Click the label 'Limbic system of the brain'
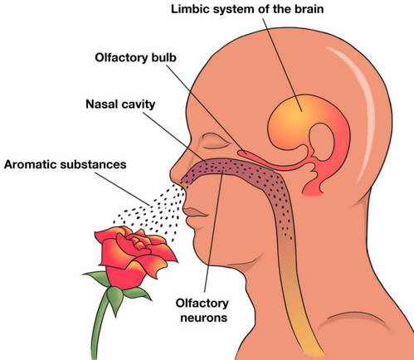247,9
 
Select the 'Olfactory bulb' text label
135,58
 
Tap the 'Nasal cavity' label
120,105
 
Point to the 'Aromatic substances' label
66,164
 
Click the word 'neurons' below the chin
204,318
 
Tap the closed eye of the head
215,143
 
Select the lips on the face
195,212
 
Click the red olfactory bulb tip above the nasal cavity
242,152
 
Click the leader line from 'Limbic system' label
282,65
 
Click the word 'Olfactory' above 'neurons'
202,303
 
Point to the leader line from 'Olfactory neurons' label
213,231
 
